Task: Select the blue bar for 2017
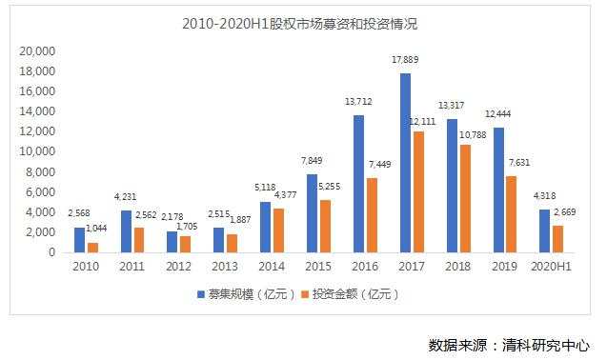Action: pos(405,163)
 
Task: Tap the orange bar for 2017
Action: pos(418,191)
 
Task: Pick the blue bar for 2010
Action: pos(80,240)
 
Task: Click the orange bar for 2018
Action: pos(464,198)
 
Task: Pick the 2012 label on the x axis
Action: pos(179,268)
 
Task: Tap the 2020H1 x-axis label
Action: pos(549,268)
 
